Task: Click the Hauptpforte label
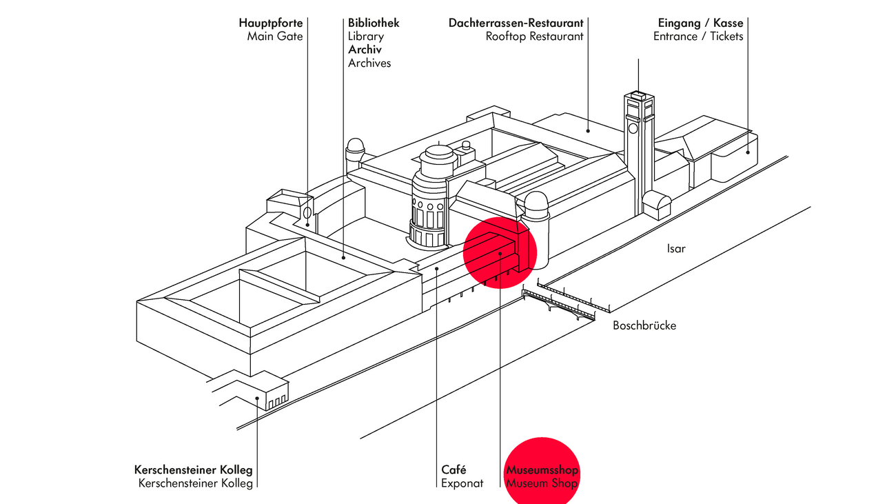pos(271,23)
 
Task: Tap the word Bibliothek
pos(374,23)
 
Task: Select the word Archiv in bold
pos(365,50)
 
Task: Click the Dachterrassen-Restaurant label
pos(516,23)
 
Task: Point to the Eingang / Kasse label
pos(701,23)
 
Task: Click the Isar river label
pos(676,249)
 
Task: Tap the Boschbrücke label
pos(644,325)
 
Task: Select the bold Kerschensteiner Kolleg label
pos(194,470)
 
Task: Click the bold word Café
pos(454,470)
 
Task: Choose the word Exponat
pos(462,483)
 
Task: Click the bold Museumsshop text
pos(542,470)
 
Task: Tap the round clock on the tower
pos(633,128)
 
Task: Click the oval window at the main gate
pos(307,212)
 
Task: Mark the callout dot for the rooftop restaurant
pos(588,131)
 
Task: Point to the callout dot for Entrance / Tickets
pos(748,152)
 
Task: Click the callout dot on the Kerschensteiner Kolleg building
pos(257,398)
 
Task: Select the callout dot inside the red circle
pos(500,254)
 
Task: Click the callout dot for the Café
pos(437,269)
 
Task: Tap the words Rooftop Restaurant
pos(534,37)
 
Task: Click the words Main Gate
pos(275,37)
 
